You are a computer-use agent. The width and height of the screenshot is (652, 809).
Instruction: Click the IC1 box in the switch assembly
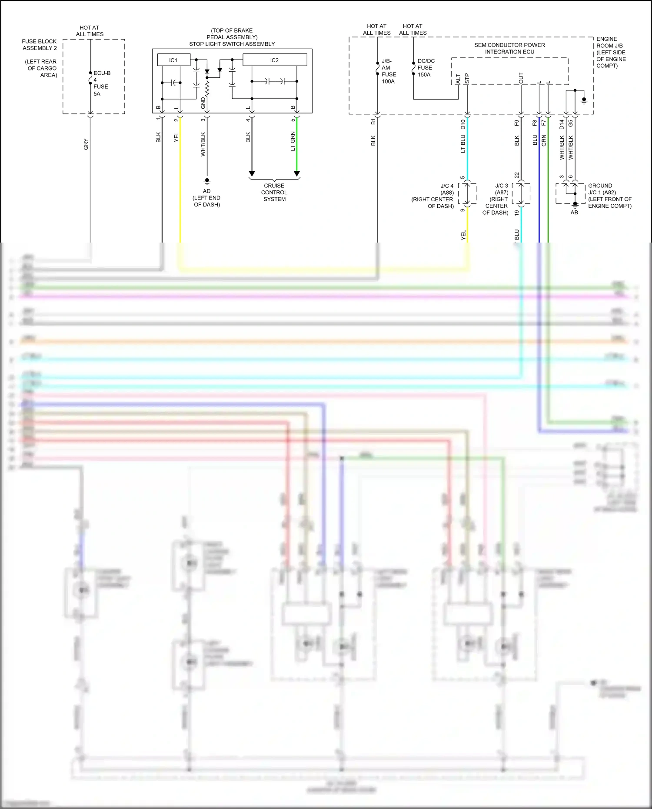173,60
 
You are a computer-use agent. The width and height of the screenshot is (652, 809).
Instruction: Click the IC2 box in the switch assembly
274,60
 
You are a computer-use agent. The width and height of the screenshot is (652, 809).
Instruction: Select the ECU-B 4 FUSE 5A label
101,83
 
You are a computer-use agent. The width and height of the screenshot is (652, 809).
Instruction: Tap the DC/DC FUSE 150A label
426,68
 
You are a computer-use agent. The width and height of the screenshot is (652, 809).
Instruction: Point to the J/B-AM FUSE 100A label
388,71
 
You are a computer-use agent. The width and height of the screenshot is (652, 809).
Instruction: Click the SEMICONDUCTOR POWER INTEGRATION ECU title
509,48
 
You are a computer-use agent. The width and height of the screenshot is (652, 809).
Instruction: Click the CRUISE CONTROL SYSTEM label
274,192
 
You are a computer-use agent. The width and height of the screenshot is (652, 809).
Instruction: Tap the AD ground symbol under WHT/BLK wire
207,180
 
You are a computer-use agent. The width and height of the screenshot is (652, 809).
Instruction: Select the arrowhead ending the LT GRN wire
297,174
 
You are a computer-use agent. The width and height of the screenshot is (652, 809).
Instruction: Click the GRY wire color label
86,144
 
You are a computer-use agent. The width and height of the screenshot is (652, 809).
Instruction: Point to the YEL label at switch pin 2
176,137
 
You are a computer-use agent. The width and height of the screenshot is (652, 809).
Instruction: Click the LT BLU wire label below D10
463,143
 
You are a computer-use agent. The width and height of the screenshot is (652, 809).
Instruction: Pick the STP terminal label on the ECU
467,78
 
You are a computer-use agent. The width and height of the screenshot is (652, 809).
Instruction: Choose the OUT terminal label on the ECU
521,78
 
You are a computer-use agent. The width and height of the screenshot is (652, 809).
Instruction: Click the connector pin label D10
463,125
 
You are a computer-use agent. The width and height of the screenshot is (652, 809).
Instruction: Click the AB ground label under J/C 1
574,213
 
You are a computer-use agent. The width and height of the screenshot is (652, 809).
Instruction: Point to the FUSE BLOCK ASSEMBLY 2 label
40,45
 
